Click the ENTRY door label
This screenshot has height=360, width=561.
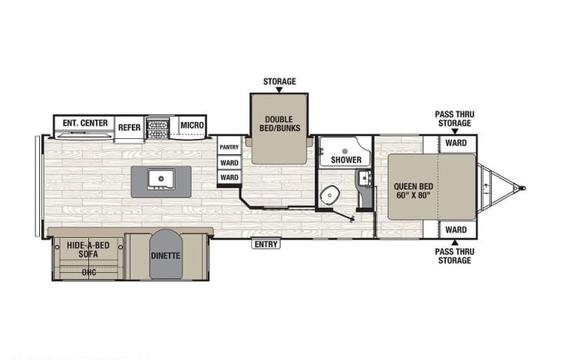[266, 244]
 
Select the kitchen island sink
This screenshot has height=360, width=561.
[161, 179]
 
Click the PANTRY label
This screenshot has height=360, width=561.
[229, 147]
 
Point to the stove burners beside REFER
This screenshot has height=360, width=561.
[158, 129]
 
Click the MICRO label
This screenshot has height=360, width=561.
[192, 125]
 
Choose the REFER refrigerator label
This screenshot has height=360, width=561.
[129, 127]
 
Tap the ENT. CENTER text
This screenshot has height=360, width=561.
[85, 123]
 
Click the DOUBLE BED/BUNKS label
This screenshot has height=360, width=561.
[280, 124]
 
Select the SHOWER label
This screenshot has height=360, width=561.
[346, 160]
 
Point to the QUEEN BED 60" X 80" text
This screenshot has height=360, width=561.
[413, 190]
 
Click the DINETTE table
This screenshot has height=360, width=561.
[166, 254]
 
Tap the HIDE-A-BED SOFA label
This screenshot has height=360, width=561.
[88, 249]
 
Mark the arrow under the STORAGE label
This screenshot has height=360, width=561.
[279, 90]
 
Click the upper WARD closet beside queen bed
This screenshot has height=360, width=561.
[456, 143]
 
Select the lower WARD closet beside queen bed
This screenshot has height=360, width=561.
[456, 230]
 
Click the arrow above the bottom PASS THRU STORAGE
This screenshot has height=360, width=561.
[455, 243]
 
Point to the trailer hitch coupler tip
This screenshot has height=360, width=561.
[523, 188]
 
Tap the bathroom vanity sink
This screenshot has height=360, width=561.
[365, 178]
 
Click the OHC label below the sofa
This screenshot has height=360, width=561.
[89, 272]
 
